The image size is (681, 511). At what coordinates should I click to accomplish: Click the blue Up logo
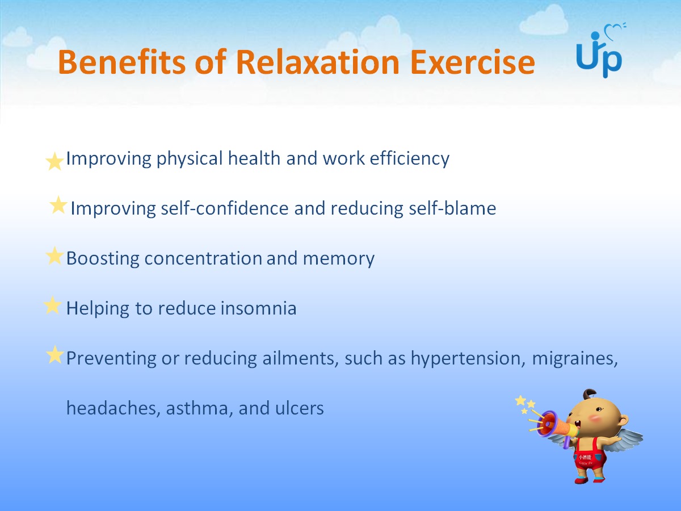click(x=599, y=55)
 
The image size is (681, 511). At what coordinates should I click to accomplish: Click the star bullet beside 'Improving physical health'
click(x=55, y=161)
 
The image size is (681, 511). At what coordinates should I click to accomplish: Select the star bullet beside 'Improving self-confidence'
click(x=58, y=205)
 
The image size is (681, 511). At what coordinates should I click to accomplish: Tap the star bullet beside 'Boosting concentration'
click(x=55, y=256)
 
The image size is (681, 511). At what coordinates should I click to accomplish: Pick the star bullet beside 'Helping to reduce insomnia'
click(x=52, y=305)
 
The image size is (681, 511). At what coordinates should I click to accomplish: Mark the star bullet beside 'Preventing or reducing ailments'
click(x=55, y=354)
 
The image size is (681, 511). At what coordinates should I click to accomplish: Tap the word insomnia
click(x=258, y=308)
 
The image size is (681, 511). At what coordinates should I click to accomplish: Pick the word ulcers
click(x=300, y=408)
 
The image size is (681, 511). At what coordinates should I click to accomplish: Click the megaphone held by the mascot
click(x=554, y=425)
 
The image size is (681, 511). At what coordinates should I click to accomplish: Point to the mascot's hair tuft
click(x=588, y=394)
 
